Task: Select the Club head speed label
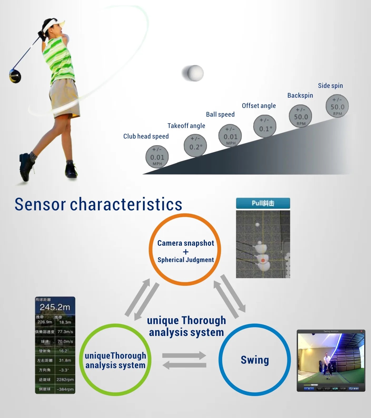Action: [x=146, y=136]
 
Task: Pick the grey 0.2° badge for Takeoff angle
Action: [x=195, y=146]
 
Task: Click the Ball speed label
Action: [x=220, y=115]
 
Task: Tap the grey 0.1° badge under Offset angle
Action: [x=265, y=126]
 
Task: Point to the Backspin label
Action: [x=300, y=96]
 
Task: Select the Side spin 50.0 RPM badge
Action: [x=337, y=106]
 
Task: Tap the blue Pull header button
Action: [x=263, y=203]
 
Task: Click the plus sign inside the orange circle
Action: [x=186, y=252]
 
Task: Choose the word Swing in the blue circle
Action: [x=255, y=360]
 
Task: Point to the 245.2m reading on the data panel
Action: [x=55, y=307]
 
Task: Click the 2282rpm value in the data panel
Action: [x=65, y=379]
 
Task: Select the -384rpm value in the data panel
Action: [x=65, y=389]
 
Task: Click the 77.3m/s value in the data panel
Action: [x=65, y=332]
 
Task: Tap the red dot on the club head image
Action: [x=263, y=260]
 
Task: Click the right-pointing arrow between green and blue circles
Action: [x=184, y=355]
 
